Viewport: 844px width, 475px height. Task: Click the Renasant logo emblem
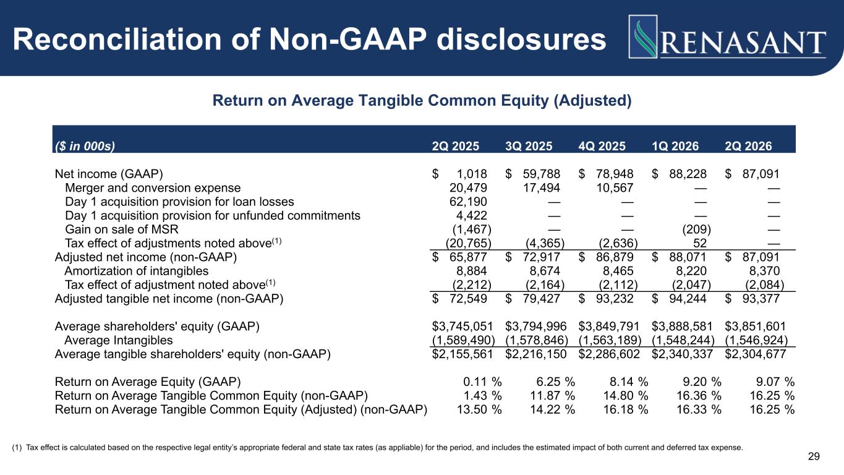tap(643, 36)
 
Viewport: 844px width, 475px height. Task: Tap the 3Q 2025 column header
tap(529, 146)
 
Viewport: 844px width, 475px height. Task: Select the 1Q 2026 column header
tap(675, 146)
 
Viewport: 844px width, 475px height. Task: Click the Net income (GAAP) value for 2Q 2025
tap(459, 174)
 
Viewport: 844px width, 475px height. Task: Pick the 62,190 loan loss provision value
tap(468, 202)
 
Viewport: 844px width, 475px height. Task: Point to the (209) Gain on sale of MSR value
tap(696, 229)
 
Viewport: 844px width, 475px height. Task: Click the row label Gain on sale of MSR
tap(121, 229)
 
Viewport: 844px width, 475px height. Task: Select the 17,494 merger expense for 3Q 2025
tap(542, 188)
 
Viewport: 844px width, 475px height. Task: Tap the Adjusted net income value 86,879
tap(606, 257)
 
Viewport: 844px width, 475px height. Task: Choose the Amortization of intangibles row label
tap(137, 271)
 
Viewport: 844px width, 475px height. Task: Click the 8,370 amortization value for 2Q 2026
tap(764, 271)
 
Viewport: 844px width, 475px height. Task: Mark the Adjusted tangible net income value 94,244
tap(679, 299)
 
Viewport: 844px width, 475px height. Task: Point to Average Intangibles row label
tap(118, 340)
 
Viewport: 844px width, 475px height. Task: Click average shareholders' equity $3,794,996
tap(536, 327)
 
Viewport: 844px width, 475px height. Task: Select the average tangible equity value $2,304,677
tap(756, 354)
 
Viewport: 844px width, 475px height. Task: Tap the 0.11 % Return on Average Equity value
tap(482, 382)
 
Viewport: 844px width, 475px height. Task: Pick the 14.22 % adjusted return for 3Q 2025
tap(552, 409)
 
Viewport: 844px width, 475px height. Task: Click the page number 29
tap(814, 456)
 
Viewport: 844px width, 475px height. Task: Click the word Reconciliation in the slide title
tap(117, 40)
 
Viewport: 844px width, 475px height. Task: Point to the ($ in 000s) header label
tap(85, 146)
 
